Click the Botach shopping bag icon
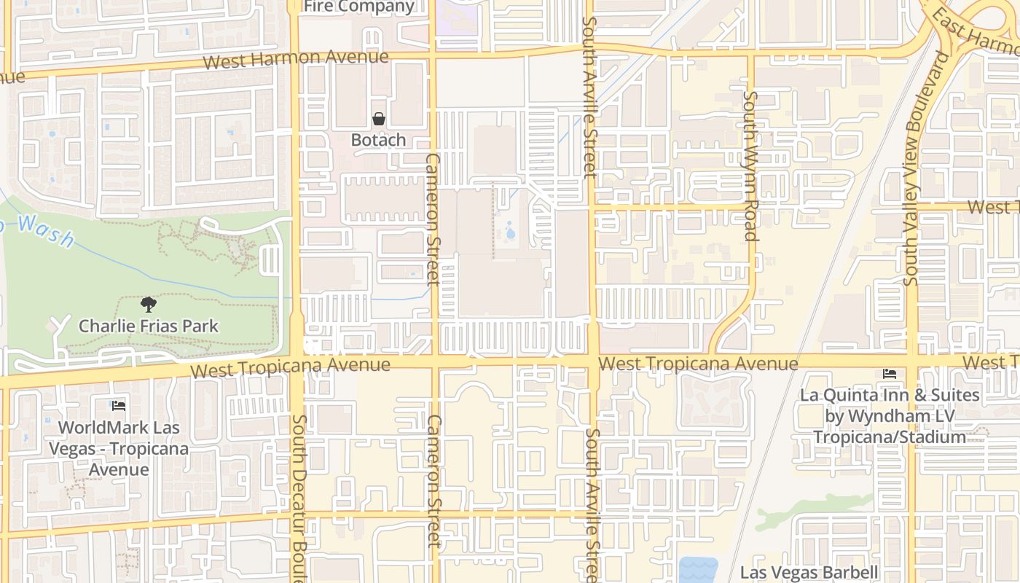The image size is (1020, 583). (x=379, y=119)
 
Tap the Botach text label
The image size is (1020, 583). (x=378, y=140)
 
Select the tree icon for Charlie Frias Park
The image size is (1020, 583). (x=149, y=305)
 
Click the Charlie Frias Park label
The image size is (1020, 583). (x=149, y=326)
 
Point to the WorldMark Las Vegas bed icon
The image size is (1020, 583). (x=119, y=406)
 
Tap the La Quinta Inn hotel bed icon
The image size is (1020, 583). (x=890, y=374)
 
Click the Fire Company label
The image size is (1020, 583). (x=358, y=7)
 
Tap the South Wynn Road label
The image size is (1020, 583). (x=750, y=165)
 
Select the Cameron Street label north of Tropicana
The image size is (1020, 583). (x=433, y=219)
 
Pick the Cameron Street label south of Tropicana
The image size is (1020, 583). (x=434, y=481)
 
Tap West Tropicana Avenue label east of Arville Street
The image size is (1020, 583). (x=697, y=363)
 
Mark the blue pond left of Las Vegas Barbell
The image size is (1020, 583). (x=697, y=570)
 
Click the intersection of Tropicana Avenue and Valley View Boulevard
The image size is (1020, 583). (x=912, y=361)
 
